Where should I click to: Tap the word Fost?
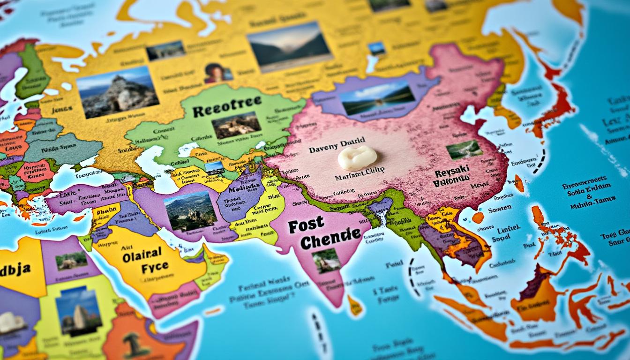pyautogui.click(x=306, y=226)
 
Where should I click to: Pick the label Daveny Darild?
pyautogui.click(x=337, y=150)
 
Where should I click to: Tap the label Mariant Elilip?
pyautogui.click(x=360, y=178)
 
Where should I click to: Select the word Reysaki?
pyautogui.click(x=452, y=173)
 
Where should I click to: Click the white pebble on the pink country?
pyautogui.click(x=357, y=158)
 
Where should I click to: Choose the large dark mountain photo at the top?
pyautogui.click(x=290, y=46)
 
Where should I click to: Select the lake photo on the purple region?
pyautogui.click(x=377, y=97)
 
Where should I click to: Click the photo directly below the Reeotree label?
pyautogui.click(x=236, y=125)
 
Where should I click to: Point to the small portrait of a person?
pyautogui.click(x=218, y=73)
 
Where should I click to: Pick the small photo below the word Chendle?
pyautogui.click(x=326, y=261)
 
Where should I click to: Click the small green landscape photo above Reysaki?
pyautogui.click(x=464, y=150)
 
